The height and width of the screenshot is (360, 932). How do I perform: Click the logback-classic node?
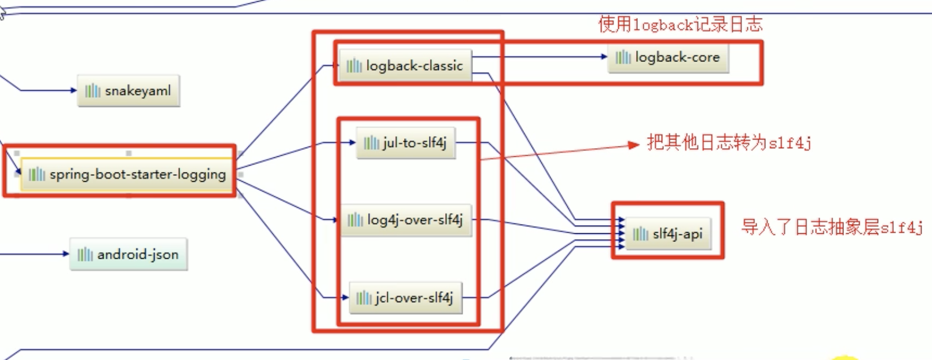tap(405, 66)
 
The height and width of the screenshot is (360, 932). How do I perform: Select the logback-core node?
tap(668, 57)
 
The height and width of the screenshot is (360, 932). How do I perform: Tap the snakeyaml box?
tap(129, 91)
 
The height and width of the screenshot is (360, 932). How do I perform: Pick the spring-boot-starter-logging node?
tap(127, 174)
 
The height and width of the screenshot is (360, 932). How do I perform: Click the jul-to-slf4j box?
tap(405, 143)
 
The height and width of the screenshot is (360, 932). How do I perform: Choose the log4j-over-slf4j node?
tap(405, 220)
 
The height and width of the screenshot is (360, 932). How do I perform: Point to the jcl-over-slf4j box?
tap(405, 298)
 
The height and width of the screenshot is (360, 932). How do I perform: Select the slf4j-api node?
tap(668, 234)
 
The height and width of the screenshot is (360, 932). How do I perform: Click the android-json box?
tap(129, 255)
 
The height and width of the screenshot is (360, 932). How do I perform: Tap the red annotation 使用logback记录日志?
tap(680, 24)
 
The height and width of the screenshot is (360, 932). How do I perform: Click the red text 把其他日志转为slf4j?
tap(729, 142)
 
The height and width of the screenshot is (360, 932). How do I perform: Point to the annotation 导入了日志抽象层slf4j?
tap(832, 227)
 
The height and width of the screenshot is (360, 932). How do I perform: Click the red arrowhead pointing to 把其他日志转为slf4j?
tap(634, 145)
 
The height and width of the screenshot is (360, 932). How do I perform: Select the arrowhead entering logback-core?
tap(604, 57)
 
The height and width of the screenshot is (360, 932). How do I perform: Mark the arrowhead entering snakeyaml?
tap(74, 90)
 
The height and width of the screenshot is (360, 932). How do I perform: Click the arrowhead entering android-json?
tap(66, 254)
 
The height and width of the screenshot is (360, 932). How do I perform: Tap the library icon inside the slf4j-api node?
tap(640, 234)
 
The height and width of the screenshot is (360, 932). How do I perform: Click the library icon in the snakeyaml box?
tap(93, 91)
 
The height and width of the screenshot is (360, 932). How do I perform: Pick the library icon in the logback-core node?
tap(623, 57)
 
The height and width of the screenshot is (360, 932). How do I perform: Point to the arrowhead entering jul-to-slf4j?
tap(353, 142)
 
